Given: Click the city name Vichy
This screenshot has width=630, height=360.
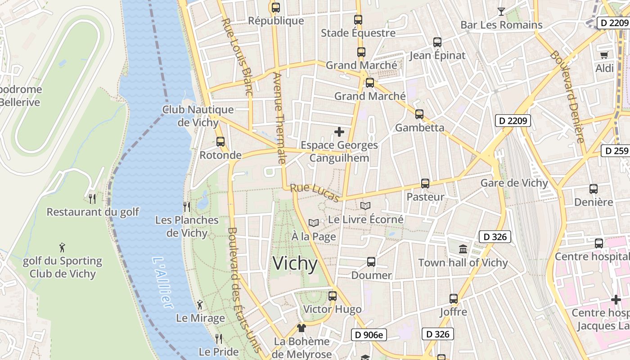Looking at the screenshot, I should (295, 263).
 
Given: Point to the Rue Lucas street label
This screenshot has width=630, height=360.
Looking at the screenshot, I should (315, 193).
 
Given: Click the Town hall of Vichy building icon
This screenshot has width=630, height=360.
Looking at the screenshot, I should (463, 249).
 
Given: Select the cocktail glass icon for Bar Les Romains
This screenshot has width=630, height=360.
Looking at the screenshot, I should (501, 12).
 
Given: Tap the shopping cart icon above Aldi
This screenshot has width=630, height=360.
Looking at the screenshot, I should (604, 55).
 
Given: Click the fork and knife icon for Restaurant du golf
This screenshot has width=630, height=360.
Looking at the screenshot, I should (92, 198).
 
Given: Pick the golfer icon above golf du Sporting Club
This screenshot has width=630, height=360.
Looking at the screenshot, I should (62, 247).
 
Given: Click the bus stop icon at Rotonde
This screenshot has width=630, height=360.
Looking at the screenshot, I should (220, 142).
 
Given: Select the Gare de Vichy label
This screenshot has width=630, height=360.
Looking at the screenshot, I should (514, 183).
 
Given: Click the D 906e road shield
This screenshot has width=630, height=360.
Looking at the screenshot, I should (369, 334).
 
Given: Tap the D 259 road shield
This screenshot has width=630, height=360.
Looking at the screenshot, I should (616, 151).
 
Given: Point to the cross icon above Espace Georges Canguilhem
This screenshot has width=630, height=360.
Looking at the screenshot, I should (339, 132).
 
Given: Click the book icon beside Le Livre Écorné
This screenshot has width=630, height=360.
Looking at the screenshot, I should (365, 206).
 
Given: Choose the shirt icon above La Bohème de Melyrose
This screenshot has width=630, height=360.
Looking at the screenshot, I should (301, 328).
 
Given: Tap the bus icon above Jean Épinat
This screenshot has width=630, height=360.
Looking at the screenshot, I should (437, 42).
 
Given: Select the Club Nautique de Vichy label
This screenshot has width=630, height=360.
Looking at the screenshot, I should (198, 116).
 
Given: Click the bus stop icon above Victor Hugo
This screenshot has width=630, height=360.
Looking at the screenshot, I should (333, 296).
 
